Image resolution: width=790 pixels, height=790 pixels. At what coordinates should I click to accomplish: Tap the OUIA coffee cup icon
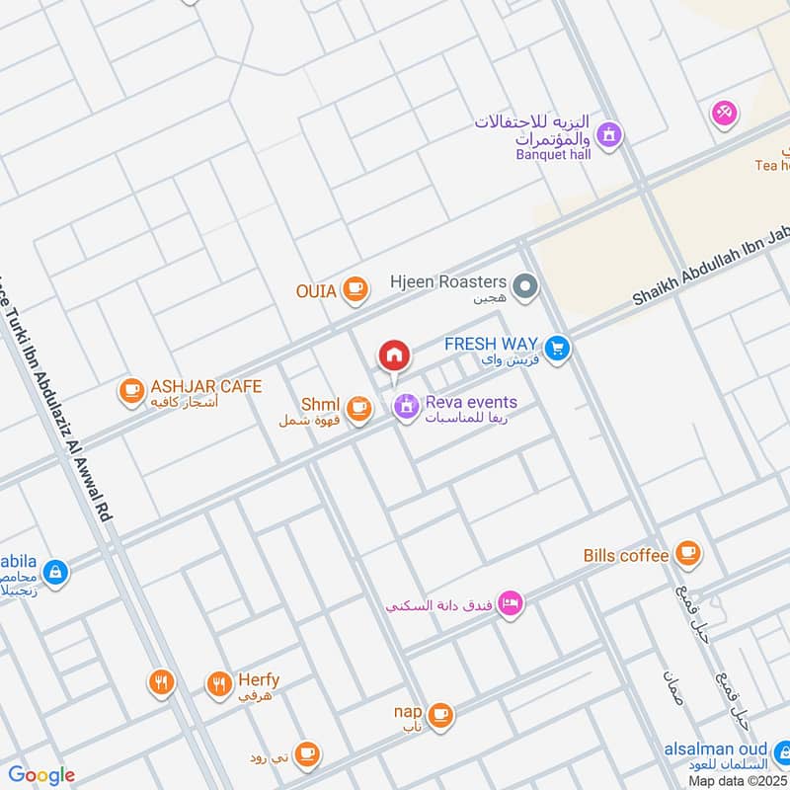(x=355, y=289)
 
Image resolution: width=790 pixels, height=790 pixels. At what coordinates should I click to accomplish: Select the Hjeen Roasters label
(x=448, y=283)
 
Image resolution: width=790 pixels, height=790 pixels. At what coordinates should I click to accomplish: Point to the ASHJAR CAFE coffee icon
(x=130, y=392)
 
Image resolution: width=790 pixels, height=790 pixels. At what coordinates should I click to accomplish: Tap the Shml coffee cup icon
(x=358, y=407)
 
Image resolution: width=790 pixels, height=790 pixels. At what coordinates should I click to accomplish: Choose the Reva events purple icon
(x=406, y=406)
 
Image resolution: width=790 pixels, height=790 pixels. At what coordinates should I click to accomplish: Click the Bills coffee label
(x=626, y=555)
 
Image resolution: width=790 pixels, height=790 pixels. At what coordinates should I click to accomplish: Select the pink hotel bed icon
(x=510, y=602)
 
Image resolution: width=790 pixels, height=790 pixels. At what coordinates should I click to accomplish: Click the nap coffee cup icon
(x=440, y=713)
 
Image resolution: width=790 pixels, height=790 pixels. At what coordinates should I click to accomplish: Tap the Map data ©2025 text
(x=738, y=781)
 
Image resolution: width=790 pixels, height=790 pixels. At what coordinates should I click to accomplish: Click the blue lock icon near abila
(x=55, y=571)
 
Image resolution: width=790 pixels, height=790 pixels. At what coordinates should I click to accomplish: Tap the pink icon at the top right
(x=724, y=114)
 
